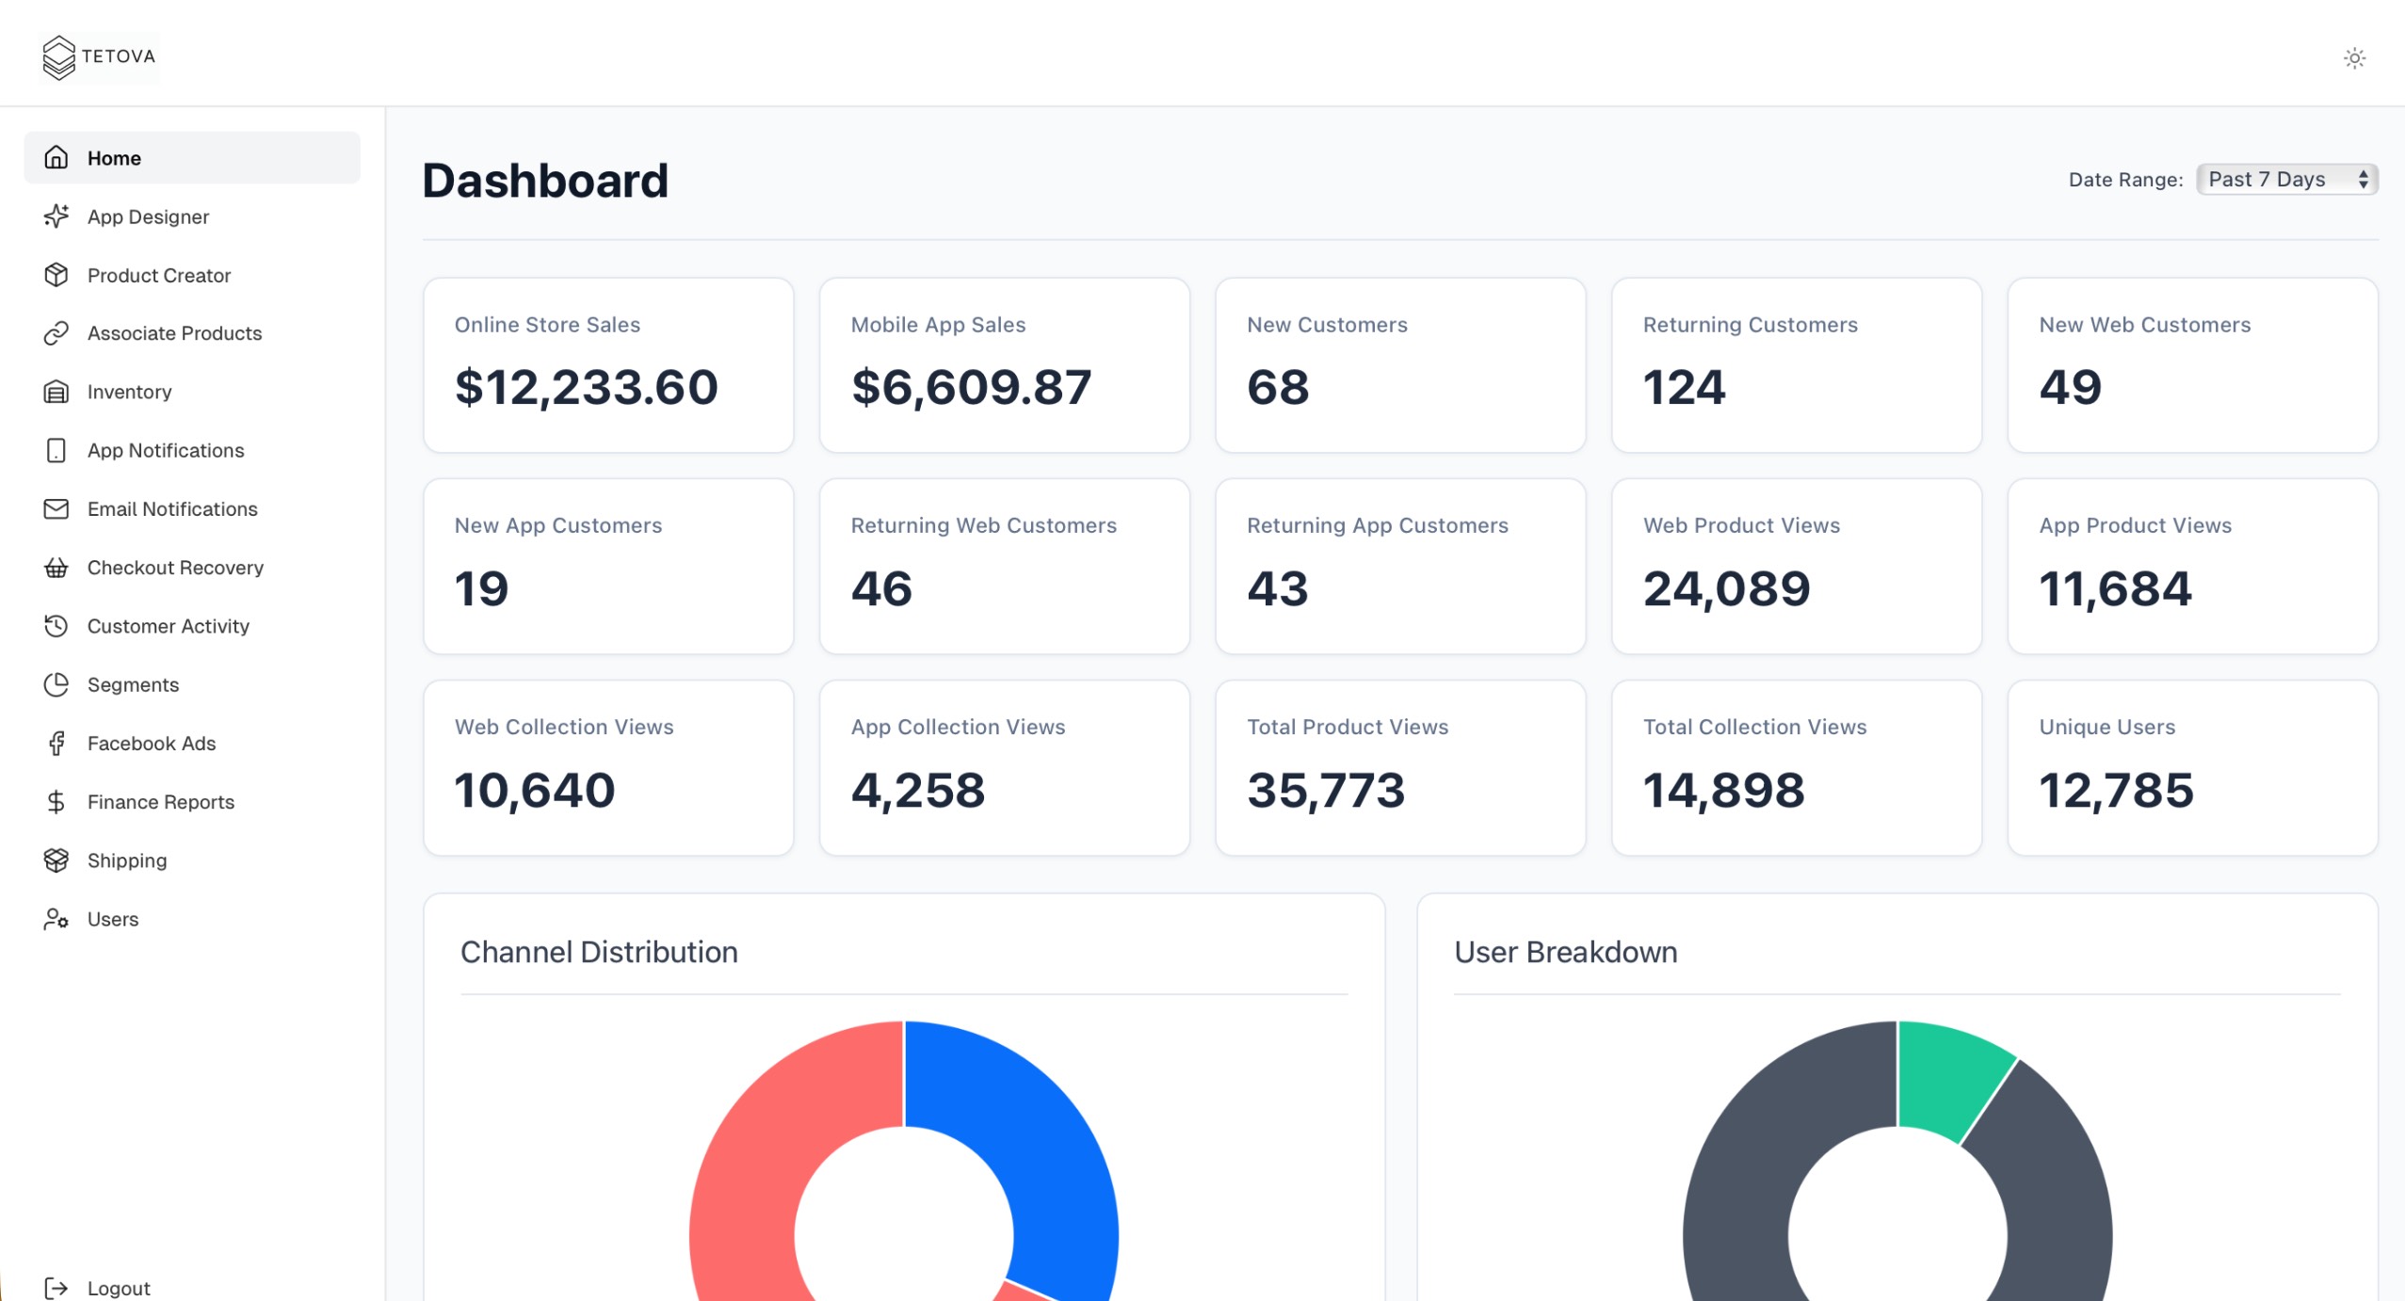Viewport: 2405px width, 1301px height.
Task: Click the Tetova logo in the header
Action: pyautogui.click(x=99, y=57)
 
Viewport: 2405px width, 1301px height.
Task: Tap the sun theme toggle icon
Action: pyautogui.click(x=2354, y=58)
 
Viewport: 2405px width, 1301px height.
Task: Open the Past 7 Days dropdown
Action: pyautogui.click(x=2285, y=179)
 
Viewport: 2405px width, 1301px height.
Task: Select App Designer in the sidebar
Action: pyautogui.click(x=148, y=217)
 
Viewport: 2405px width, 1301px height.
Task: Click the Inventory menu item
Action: pyautogui.click(x=129, y=392)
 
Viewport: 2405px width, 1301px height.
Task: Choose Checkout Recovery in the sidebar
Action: pyautogui.click(x=175, y=568)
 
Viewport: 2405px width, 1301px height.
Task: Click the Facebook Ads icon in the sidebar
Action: pyautogui.click(x=56, y=744)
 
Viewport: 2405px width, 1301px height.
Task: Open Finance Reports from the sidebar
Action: pyautogui.click(x=160, y=802)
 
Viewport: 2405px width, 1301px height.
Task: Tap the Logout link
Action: pyautogui.click(x=118, y=1287)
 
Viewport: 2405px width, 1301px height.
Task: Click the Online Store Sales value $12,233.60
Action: pyautogui.click(x=586, y=387)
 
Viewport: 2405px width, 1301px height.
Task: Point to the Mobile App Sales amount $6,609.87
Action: pyautogui.click(x=971, y=387)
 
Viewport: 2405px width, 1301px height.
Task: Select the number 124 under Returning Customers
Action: pyautogui.click(x=1684, y=387)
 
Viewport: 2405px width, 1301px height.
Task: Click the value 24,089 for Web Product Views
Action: pyautogui.click(x=1726, y=588)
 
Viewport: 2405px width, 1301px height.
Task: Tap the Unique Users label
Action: pyautogui.click(x=2106, y=727)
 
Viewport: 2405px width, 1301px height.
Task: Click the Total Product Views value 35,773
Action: pyautogui.click(x=1326, y=790)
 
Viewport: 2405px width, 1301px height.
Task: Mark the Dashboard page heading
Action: pyautogui.click(x=545, y=181)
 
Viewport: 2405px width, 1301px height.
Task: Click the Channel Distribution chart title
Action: pyautogui.click(x=599, y=952)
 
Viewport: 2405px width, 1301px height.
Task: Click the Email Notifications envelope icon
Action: pyautogui.click(x=56, y=509)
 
